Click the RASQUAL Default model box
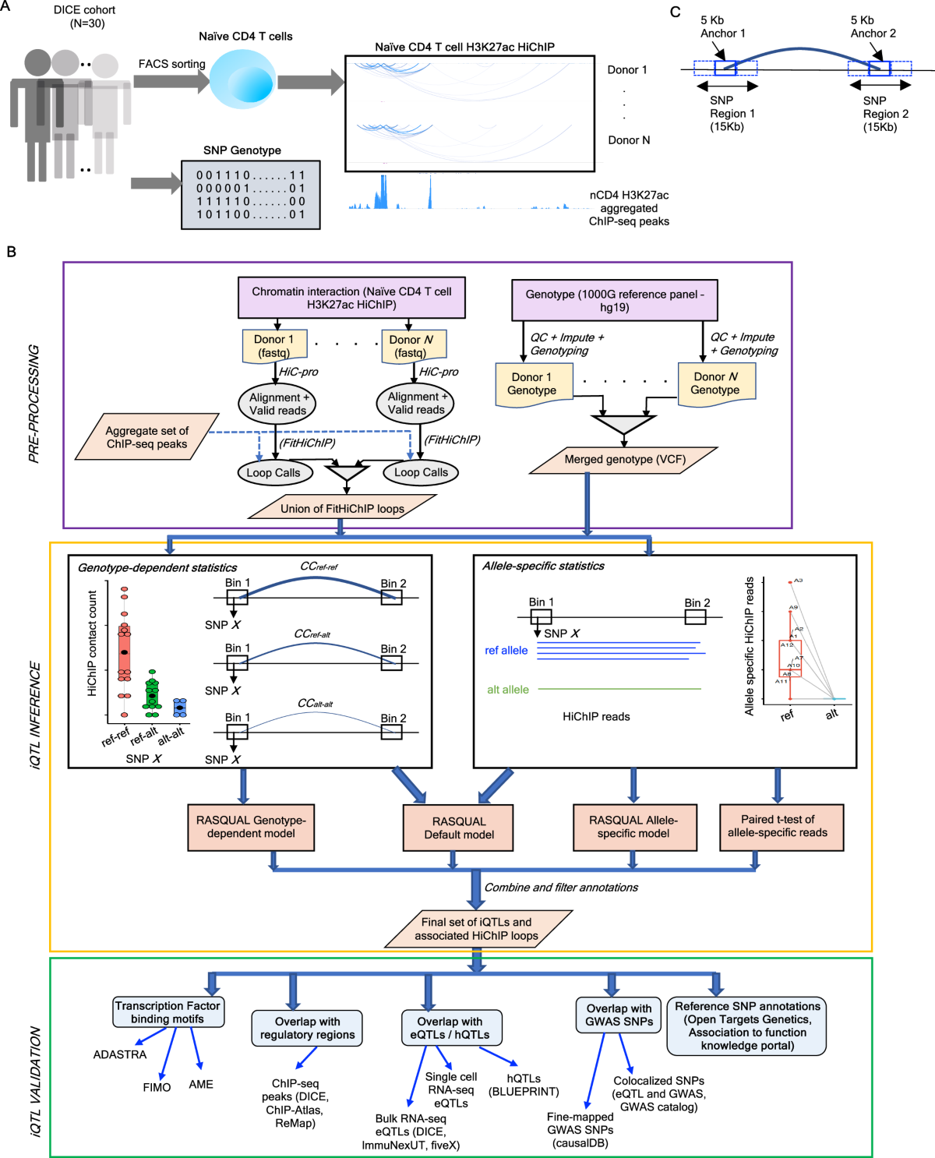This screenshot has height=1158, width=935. tap(459, 828)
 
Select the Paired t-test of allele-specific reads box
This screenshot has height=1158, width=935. tap(777, 827)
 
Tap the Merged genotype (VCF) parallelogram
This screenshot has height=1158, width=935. tap(623, 460)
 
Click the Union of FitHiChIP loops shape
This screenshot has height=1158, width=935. tap(342, 508)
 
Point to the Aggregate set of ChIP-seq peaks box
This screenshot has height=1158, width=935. tap(146, 437)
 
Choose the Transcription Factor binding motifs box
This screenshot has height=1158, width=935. tap(168, 1011)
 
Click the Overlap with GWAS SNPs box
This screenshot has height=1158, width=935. tap(619, 1015)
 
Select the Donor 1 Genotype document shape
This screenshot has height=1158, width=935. tap(533, 383)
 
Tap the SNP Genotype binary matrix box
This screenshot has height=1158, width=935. tap(250, 195)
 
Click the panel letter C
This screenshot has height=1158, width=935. tap(675, 12)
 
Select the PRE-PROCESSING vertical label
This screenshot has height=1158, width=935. tap(34, 404)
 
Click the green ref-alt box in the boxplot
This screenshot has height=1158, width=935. tap(152, 695)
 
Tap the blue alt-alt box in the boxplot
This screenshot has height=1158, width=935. tap(180, 707)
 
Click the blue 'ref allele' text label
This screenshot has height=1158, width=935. tap(506, 651)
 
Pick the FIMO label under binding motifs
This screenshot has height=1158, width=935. tap(157, 1087)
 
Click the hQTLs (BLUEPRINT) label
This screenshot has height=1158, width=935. tap(524, 1085)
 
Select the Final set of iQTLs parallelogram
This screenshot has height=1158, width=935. tap(477, 928)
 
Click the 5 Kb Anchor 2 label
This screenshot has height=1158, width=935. tap(873, 26)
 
